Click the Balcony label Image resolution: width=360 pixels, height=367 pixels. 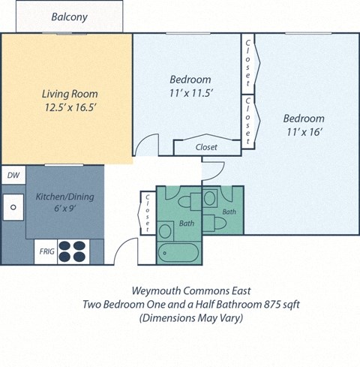pyautogui.click(x=69, y=17)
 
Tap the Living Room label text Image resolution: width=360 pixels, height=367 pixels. pyautogui.click(x=69, y=94)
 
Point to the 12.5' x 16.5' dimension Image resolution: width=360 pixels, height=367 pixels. pyautogui.click(x=69, y=107)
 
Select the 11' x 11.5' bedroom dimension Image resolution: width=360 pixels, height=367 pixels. pyautogui.click(x=190, y=92)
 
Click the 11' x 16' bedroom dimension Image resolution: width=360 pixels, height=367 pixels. pyautogui.click(x=304, y=131)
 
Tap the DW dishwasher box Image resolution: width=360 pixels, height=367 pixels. pyautogui.click(x=13, y=175)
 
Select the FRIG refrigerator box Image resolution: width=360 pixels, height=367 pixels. pyautogui.click(x=46, y=251)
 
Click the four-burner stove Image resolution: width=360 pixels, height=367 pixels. pyautogui.click(x=73, y=250)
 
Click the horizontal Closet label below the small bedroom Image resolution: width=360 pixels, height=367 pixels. pyautogui.click(x=206, y=147)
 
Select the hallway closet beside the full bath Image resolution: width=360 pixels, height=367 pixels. pyautogui.click(x=148, y=212)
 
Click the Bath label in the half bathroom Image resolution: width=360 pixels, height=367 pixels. pyautogui.click(x=229, y=212)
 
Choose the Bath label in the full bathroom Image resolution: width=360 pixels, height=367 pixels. pyautogui.click(x=186, y=224)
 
